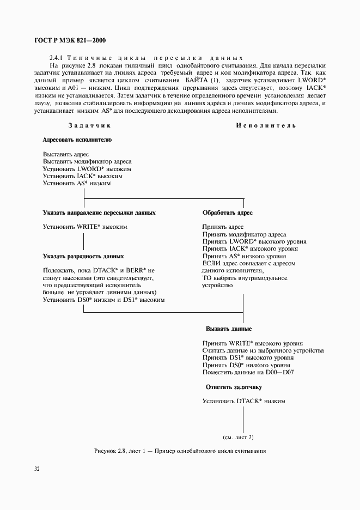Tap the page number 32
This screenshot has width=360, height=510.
pyautogui.click(x=38, y=468)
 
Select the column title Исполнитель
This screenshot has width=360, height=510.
pyautogui.click(x=266, y=125)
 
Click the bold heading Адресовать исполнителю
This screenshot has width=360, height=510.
pyautogui.click(x=77, y=139)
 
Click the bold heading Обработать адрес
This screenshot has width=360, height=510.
pyautogui.click(x=227, y=212)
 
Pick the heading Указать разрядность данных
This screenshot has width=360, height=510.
pyautogui.click(x=83, y=256)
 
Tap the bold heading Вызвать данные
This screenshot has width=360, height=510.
pyautogui.click(x=228, y=329)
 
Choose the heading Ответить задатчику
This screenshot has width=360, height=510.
pyautogui.click(x=234, y=387)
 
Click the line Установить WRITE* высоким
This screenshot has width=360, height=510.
pyautogui.click(x=85, y=227)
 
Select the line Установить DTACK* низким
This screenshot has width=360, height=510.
pyautogui.click(x=243, y=401)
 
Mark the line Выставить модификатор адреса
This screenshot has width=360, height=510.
pyautogui.click(x=87, y=162)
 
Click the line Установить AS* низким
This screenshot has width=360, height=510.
pyautogui.click(x=77, y=184)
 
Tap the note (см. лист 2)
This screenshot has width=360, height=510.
pyautogui.click(x=238, y=437)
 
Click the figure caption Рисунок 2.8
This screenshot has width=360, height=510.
pyautogui.click(x=180, y=451)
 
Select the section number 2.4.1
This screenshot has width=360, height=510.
pyautogui.click(x=57, y=58)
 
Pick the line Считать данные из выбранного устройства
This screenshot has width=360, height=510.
pyautogui.click(x=263, y=350)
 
